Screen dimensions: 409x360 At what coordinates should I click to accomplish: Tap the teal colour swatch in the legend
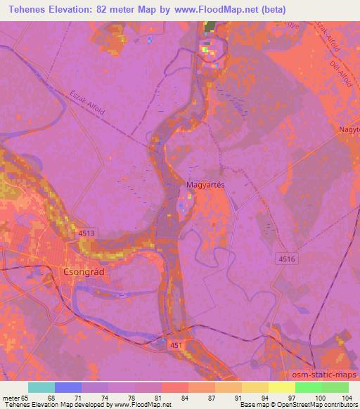click(x=41, y=387)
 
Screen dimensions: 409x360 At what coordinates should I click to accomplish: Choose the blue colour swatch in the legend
click(x=68, y=387)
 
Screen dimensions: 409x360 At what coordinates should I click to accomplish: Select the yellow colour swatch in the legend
click(x=282, y=387)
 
